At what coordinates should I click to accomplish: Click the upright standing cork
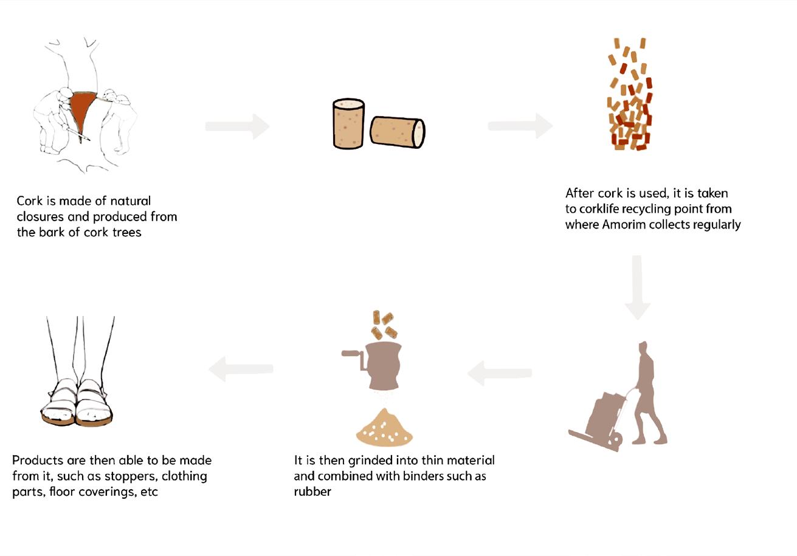click(x=348, y=124)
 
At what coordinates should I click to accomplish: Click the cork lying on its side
click(x=397, y=132)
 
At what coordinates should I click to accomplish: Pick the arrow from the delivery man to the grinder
click(x=500, y=373)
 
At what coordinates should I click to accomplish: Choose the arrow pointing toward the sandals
click(x=241, y=369)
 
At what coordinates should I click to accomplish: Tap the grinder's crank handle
click(x=353, y=357)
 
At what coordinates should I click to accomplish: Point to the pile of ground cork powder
click(x=384, y=429)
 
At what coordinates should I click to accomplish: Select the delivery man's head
click(x=643, y=348)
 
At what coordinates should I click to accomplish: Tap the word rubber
click(x=312, y=492)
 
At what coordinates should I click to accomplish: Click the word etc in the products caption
click(x=150, y=492)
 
